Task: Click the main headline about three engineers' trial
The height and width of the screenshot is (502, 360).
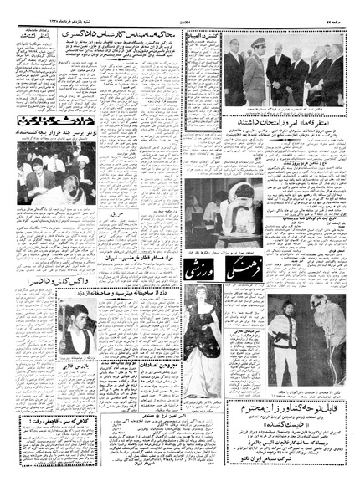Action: tap(157, 31)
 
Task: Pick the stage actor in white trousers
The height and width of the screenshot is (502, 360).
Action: tap(285, 335)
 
